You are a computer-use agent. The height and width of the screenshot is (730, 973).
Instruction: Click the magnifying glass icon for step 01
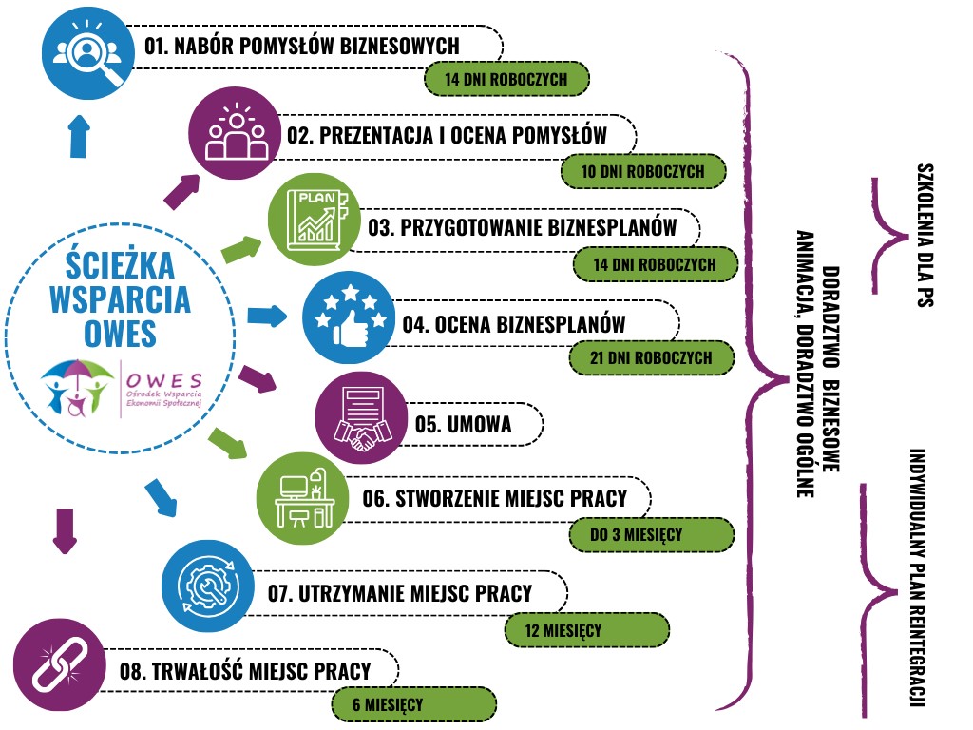pyautogui.click(x=89, y=54)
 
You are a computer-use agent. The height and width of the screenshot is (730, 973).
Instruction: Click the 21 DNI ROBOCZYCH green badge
pyautogui.click(x=652, y=358)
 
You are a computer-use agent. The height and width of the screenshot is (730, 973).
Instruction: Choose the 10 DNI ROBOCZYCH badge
pyautogui.click(x=642, y=172)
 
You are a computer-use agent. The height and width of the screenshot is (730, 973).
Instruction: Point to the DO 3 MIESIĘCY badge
pyautogui.click(x=652, y=534)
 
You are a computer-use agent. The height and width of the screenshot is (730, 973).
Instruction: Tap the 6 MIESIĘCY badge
pyautogui.click(x=413, y=704)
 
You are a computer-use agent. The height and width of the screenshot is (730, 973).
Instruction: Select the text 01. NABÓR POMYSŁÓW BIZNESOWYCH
pyautogui.click(x=302, y=46)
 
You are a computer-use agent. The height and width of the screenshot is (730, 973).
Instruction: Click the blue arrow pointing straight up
pyautogui.click(x=80, y=136)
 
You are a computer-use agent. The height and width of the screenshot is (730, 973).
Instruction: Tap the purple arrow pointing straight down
pyautogui.click(x=64, y=530)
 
